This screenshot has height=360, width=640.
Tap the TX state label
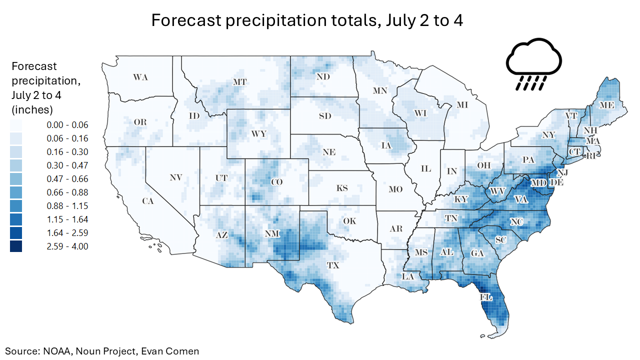[x=332, y=265]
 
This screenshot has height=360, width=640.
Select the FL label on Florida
[x=486, y=297]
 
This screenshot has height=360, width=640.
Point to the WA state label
[x=140, y=77]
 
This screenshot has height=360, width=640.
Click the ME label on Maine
[x=607, y=105]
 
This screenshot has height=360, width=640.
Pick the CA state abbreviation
[x=147, y=201]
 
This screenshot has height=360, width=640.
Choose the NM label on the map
[x=272, y=233]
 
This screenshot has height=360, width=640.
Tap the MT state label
[x=240, y=81]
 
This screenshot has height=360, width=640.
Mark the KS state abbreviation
[x=342, y=188]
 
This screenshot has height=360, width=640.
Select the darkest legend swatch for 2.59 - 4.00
[x=16, y=246]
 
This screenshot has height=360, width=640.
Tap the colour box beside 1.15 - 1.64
[x=16, y=219]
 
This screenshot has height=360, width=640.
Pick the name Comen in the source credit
[x=183, y=351]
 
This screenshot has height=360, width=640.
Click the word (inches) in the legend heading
[x=32, y=109]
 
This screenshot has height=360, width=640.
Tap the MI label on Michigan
[x=462, y=105]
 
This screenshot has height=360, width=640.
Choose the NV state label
[x=175, y=177]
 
